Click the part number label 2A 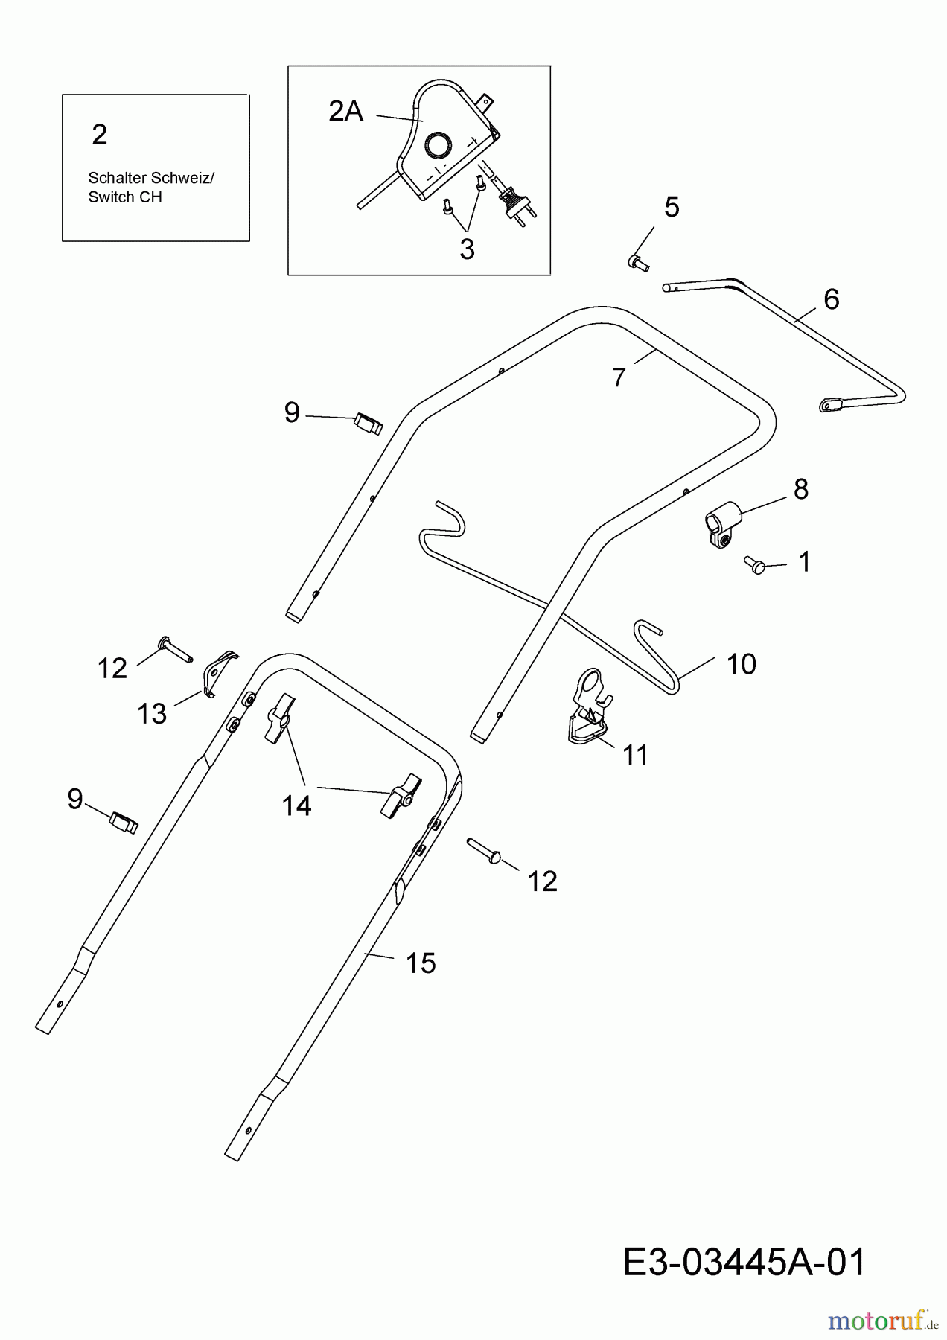(345, 112)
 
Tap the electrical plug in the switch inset (515, 202)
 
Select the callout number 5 (672, 208)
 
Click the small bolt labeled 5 (637, 261)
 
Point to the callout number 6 (831, 299)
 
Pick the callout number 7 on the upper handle (619, 377)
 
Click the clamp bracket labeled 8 (721, 526)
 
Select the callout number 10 (741, 664)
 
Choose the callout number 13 (152, 714)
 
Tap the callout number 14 (296, 805)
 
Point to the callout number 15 (421, 963)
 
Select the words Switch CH (124, 197)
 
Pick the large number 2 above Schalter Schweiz (100, 135)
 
